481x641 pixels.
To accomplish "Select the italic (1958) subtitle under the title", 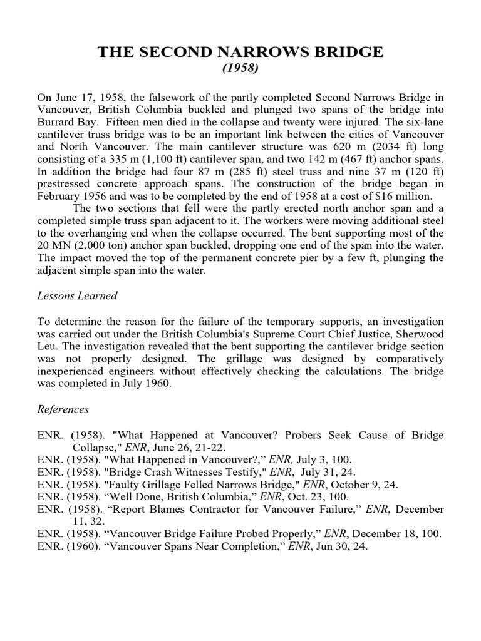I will pyautogui.click(x=240, y=68).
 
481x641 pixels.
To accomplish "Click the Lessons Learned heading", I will pyautogui.click(x=78, y=296).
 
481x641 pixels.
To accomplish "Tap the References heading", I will pyautogui.click(x=63, y=409).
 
